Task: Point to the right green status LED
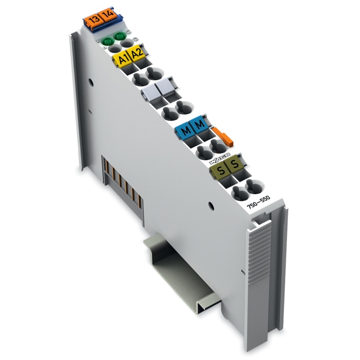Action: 120,36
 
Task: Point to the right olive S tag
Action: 235,164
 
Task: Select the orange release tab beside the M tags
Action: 224,137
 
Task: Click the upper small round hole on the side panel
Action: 91,82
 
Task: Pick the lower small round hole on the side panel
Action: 212,207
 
